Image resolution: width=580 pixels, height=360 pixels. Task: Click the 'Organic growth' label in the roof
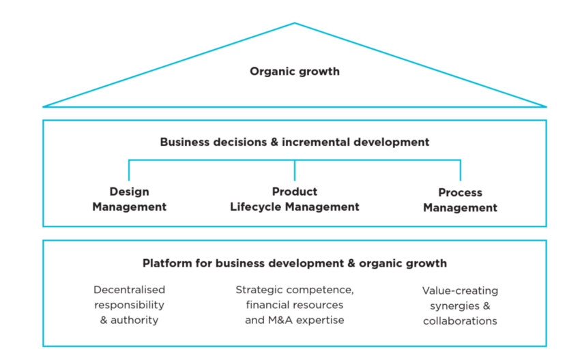click(294, 71)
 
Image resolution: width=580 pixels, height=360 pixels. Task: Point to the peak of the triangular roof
click(295, 22)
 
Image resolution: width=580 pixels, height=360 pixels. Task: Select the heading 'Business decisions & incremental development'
click(294, 142)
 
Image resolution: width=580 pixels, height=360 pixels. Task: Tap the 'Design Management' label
click(129, 200)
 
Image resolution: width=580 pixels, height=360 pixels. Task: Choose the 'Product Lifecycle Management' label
click(294, 199)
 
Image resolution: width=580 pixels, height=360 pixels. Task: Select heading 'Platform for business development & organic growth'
click(294, 263)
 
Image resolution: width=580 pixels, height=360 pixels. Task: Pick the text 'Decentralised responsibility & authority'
click(129, 304)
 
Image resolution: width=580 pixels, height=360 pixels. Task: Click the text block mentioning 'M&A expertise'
click(294, 304)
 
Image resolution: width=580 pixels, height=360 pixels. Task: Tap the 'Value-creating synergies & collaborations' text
click(460, 305)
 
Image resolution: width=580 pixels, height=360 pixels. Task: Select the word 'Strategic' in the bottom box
click(257, 290)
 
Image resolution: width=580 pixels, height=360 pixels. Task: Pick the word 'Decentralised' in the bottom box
click(129, 290)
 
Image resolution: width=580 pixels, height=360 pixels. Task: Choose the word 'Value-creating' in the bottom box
click(460, 290)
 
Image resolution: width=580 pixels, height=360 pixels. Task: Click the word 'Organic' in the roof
click(270, 71)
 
